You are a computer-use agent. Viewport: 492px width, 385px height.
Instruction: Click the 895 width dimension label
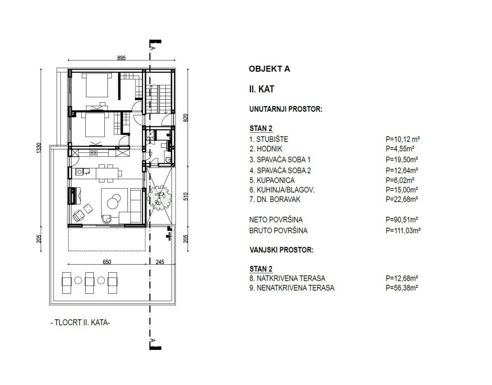tap(121, 58)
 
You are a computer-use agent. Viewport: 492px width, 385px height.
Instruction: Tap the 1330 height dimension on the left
tap(39, 148)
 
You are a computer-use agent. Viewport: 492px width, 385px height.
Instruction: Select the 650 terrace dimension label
tap(107, 262)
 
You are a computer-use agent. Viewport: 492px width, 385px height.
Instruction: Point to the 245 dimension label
tap(159, 262)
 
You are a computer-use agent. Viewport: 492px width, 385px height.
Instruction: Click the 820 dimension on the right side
tap(186, 118)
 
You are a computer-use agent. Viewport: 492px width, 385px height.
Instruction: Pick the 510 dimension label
tap(186, 197)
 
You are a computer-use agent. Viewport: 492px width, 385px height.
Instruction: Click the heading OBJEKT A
tap(269, 69)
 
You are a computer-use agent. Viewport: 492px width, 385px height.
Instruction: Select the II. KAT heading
tap(261, 89)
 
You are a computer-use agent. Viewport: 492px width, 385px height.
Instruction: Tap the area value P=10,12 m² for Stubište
tap(403, 139)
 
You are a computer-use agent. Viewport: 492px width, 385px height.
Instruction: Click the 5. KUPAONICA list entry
tap(272, 180)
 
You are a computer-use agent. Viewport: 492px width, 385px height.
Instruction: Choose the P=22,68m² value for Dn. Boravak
tap(402, 199)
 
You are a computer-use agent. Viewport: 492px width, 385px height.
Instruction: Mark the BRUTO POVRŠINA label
tap(278, 231)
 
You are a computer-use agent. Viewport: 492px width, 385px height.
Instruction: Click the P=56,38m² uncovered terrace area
tap(402, 288)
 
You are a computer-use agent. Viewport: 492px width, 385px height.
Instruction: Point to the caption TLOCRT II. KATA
tap(80, 322)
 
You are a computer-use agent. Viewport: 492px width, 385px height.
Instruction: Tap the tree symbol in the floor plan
tap(159, 199)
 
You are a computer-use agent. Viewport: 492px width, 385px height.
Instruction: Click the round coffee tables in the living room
tap(113, 201)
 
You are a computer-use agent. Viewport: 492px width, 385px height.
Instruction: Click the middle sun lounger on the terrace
tap(90, 283)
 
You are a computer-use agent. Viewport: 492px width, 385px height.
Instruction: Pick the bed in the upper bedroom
tap(97, 85)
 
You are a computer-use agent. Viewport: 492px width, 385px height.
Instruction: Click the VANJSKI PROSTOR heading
tap(281, 250)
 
